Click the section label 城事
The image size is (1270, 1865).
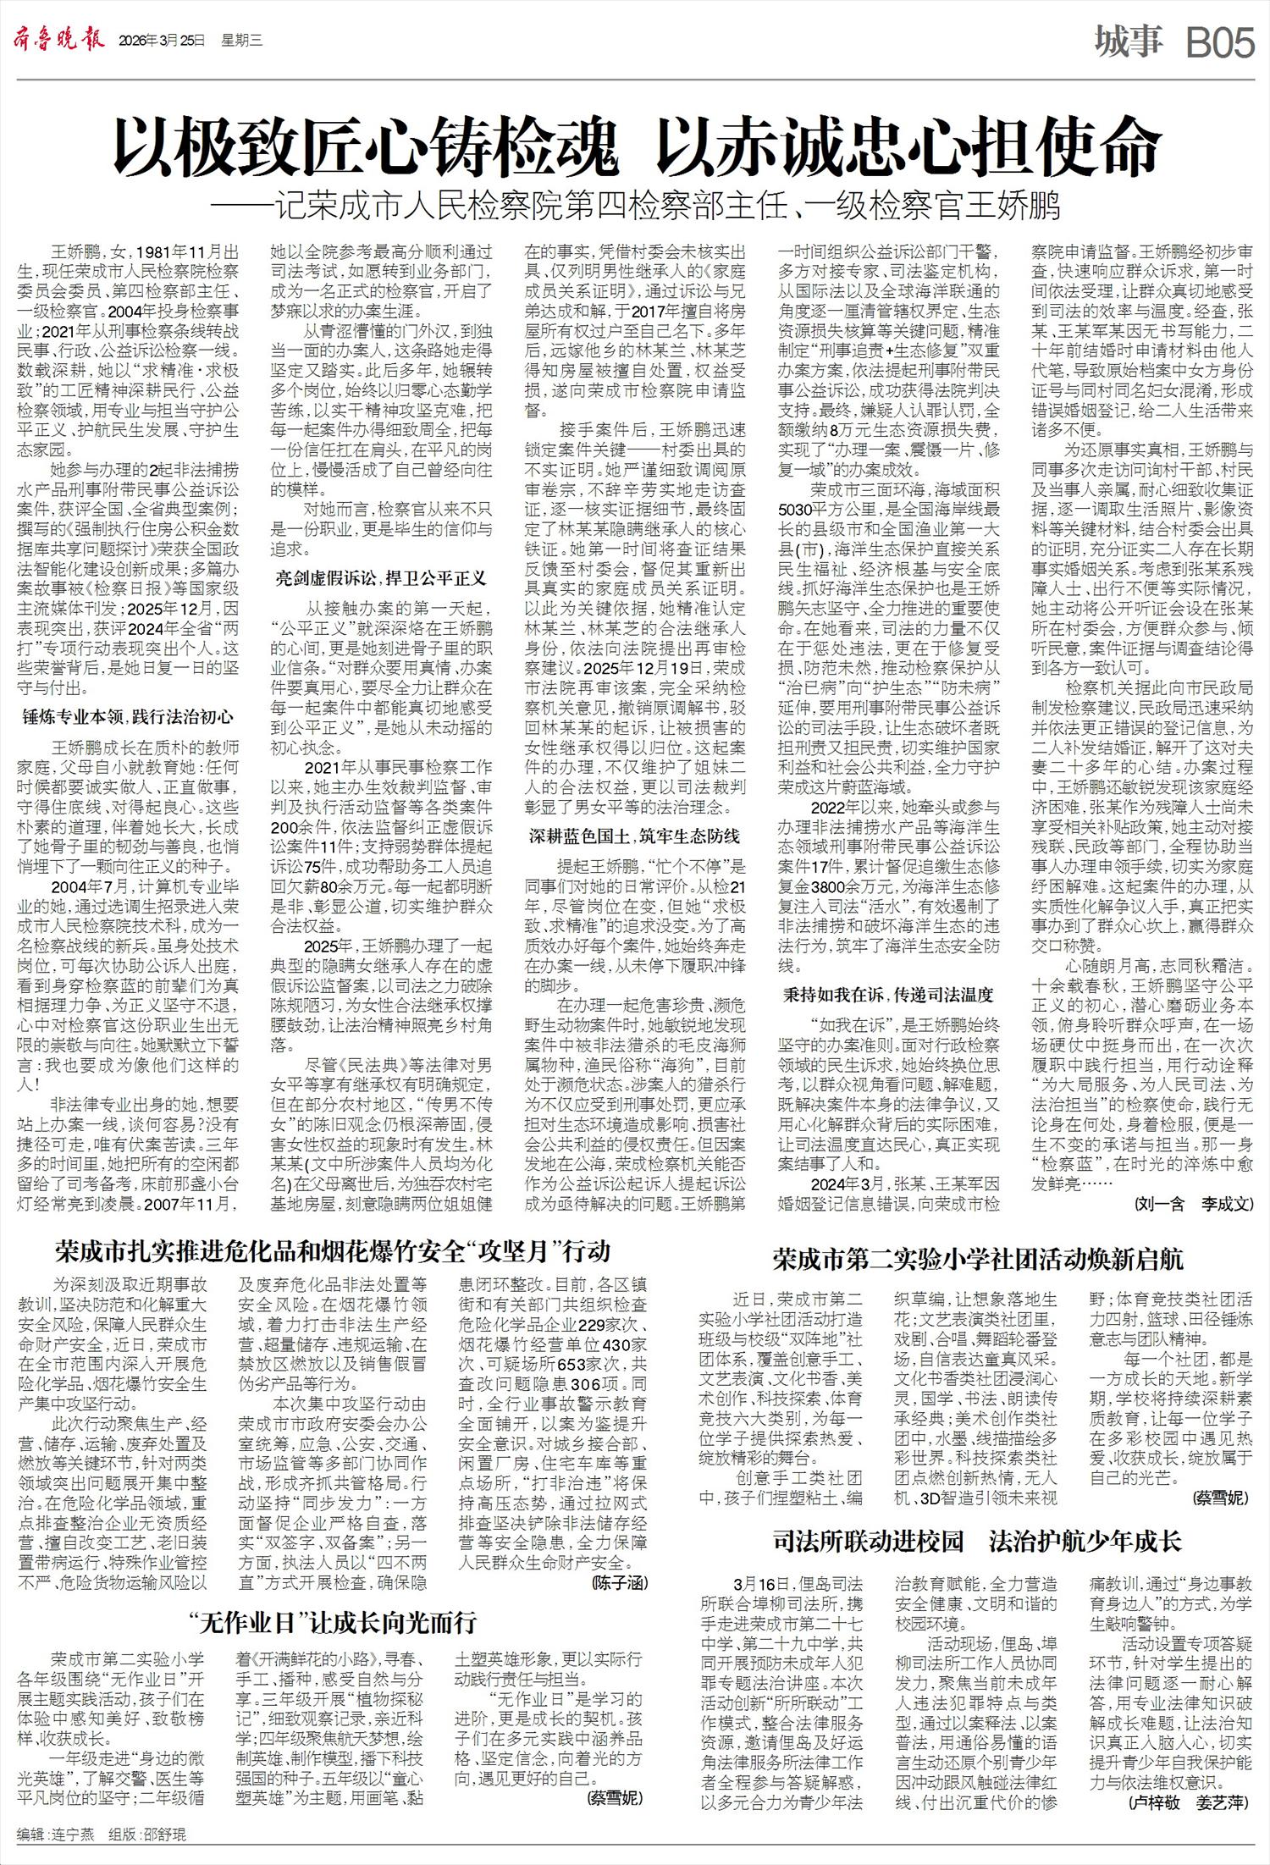click(x=1128, y=41)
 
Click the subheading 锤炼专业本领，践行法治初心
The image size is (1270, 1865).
click(x=128, y=717)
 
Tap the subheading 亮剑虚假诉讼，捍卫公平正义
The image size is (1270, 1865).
click(x=381, y=578)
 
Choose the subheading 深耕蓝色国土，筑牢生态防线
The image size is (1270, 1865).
click(x=634, y=836)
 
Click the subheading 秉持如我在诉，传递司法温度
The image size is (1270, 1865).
click(x=888, y=994)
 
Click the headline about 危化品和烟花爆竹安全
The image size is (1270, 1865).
click(x=332, y=1251)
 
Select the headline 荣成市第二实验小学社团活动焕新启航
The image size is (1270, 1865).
click(x=978, y=1259)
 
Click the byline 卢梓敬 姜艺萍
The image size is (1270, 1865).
click(x=1189, y=1803)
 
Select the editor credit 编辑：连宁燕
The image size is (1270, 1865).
click(x=56, y=1835)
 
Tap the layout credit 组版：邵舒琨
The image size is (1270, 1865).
click(x=147, y=1835)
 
